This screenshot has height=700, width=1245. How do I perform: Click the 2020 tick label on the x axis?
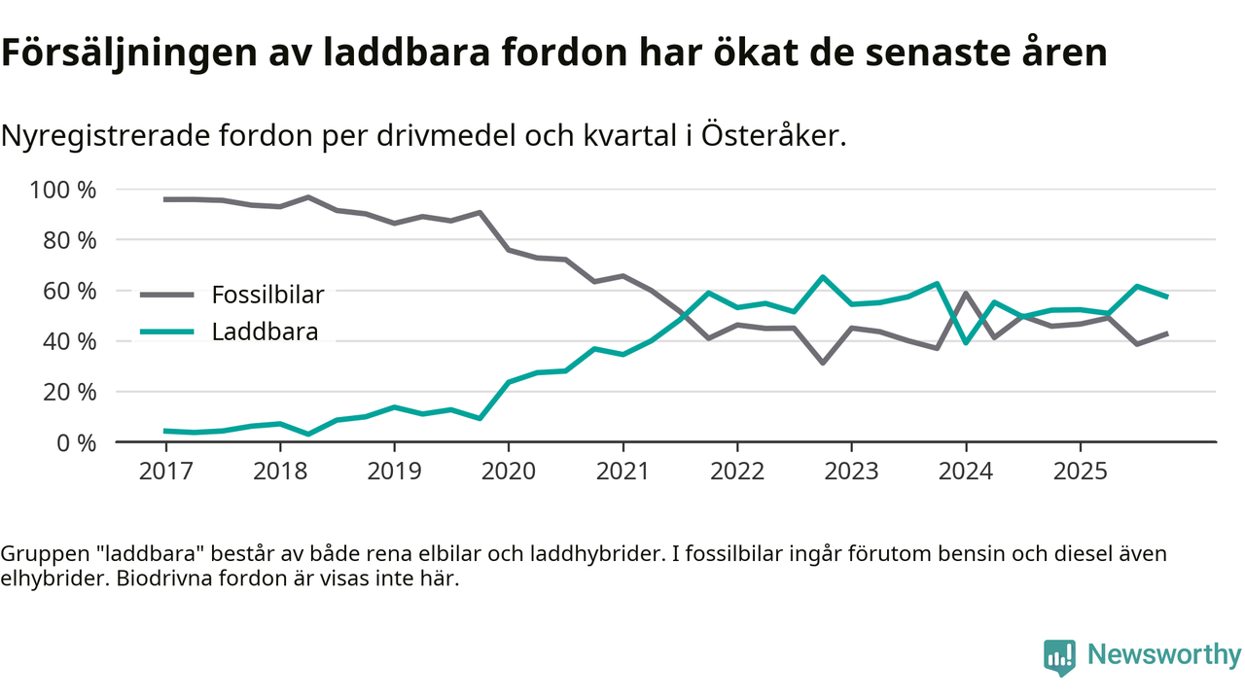click(x=509, y=472)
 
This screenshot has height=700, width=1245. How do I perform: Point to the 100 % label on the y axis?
click(x=64, y=190)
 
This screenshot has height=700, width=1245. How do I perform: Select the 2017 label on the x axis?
click(x=166, y=472)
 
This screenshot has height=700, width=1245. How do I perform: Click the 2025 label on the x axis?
click(x=1080, y=472)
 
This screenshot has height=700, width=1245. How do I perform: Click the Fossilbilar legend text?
click(x=267, y=295)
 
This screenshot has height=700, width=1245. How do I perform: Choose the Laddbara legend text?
click(x=265, y=332)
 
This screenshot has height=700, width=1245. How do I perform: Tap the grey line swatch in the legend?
click(x=167, y=295)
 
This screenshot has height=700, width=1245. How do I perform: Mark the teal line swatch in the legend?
click(x=167, y=332)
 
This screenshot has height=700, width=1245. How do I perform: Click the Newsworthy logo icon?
click(x=1059, y=656)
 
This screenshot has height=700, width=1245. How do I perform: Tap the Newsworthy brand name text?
click(x=1164, y=655)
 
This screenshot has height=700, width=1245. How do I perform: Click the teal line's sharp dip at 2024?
click(x=966, y=342)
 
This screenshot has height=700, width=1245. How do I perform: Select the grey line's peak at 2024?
click(x=966, y=293)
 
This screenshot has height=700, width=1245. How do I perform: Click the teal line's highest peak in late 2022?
click(x=823, y=277)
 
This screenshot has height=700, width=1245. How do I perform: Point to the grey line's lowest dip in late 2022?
click(x=823, y=363)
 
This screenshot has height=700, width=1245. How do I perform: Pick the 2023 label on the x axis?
click(x=851, y=472)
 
